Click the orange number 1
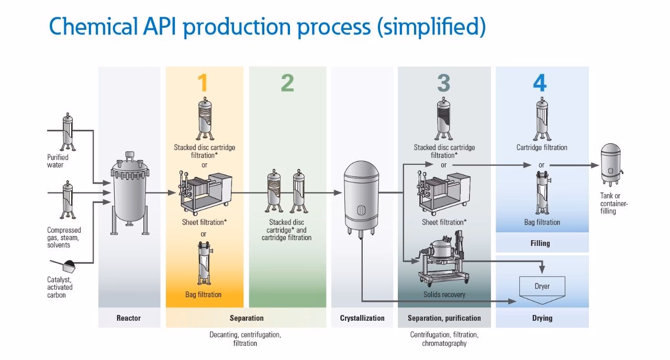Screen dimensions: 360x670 203,84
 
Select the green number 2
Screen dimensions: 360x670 287,84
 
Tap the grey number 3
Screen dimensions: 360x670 443,84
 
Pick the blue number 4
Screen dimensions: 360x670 540,84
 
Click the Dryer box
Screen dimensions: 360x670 542,287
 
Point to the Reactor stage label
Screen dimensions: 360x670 129,318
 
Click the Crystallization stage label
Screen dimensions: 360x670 362,318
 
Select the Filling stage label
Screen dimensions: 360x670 540,243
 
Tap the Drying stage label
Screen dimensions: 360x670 542,318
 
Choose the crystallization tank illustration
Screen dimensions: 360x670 361,196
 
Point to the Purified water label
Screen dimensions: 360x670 58,161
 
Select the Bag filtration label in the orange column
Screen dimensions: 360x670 203,295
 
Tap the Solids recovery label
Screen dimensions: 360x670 444,295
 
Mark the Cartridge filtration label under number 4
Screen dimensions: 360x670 542,148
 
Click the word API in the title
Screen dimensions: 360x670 156,26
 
